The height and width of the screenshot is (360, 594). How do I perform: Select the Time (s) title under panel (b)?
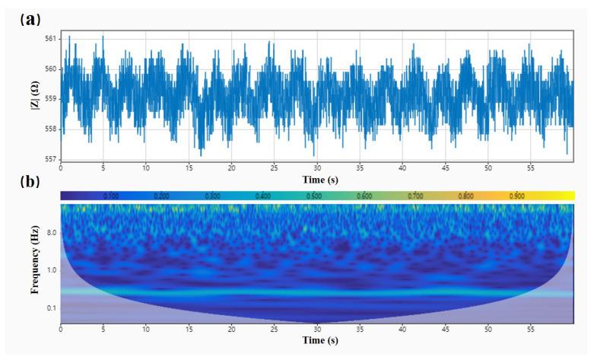(317, 340)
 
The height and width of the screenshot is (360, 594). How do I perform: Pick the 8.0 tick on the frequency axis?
(50, 234)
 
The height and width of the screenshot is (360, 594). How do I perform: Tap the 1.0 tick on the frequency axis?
(50, 270)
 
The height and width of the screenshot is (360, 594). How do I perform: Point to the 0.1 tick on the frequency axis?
(50, 307)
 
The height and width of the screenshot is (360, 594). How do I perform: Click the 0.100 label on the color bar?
(110, 196)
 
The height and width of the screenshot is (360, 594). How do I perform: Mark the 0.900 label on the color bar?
(516, 196)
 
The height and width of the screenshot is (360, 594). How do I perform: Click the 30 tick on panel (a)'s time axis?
(317, 167)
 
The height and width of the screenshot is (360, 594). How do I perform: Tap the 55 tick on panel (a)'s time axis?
(532, 167)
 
